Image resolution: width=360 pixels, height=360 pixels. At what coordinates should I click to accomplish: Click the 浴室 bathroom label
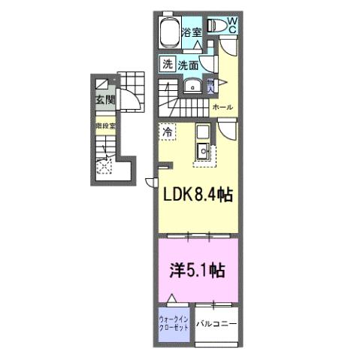pos(192,32)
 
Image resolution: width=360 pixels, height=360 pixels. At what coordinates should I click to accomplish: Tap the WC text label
pos(232,24)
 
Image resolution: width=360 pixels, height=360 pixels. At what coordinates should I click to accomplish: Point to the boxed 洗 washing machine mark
pos(166,65)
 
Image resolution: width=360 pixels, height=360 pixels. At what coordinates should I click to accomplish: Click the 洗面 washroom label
pos(189,65)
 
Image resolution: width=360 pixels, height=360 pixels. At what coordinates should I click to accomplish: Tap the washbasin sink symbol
pos(193,86)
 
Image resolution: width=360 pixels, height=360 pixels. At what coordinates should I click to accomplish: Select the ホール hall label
pos(222,107)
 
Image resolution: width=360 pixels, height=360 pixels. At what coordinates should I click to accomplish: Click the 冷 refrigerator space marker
pos(167,131)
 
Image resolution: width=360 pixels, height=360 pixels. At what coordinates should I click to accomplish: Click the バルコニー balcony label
pos(216,324)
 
